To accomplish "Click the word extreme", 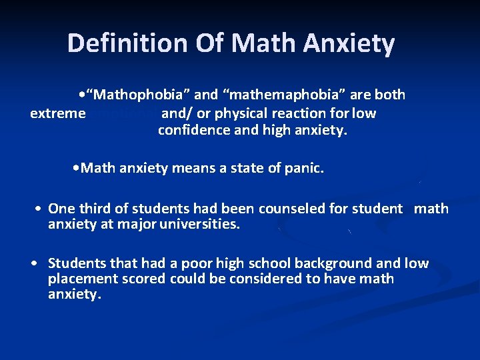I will (x=58, y=113).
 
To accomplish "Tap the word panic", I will (x=305, y=169).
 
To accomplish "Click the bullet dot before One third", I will (x=40, y=209).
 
